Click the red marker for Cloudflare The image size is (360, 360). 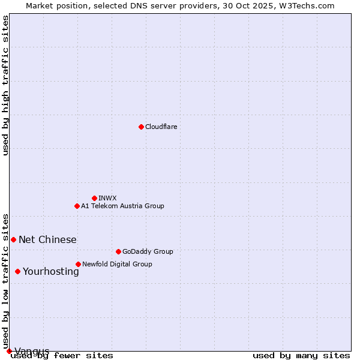(x=141, y=127)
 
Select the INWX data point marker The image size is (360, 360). (x=94, y=198)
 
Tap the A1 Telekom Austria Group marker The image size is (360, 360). (x=77, y=206)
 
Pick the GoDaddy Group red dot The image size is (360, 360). (x=118, y=251)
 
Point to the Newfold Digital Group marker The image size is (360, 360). (x=78, y=264)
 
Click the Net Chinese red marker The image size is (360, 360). (x=13, y=239)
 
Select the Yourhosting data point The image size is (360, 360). (x=17, y=271)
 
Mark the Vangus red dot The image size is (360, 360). (x=9, y=351)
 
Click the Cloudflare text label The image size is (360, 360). (x=161, y=127)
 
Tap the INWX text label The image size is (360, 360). (x=107, y=198)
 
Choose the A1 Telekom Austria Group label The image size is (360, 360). (x=122, y=206)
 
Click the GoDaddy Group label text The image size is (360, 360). (x=148, y=251)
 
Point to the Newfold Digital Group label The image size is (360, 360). (x=117, y=264)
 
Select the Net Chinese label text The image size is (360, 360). (x=47, y=239)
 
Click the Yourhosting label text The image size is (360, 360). (x=50, y=271)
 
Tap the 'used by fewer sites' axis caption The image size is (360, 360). (x=62, y=355)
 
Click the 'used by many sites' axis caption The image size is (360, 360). (x=301, y=355)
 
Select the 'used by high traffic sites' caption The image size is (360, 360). (x=5, y=85)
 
